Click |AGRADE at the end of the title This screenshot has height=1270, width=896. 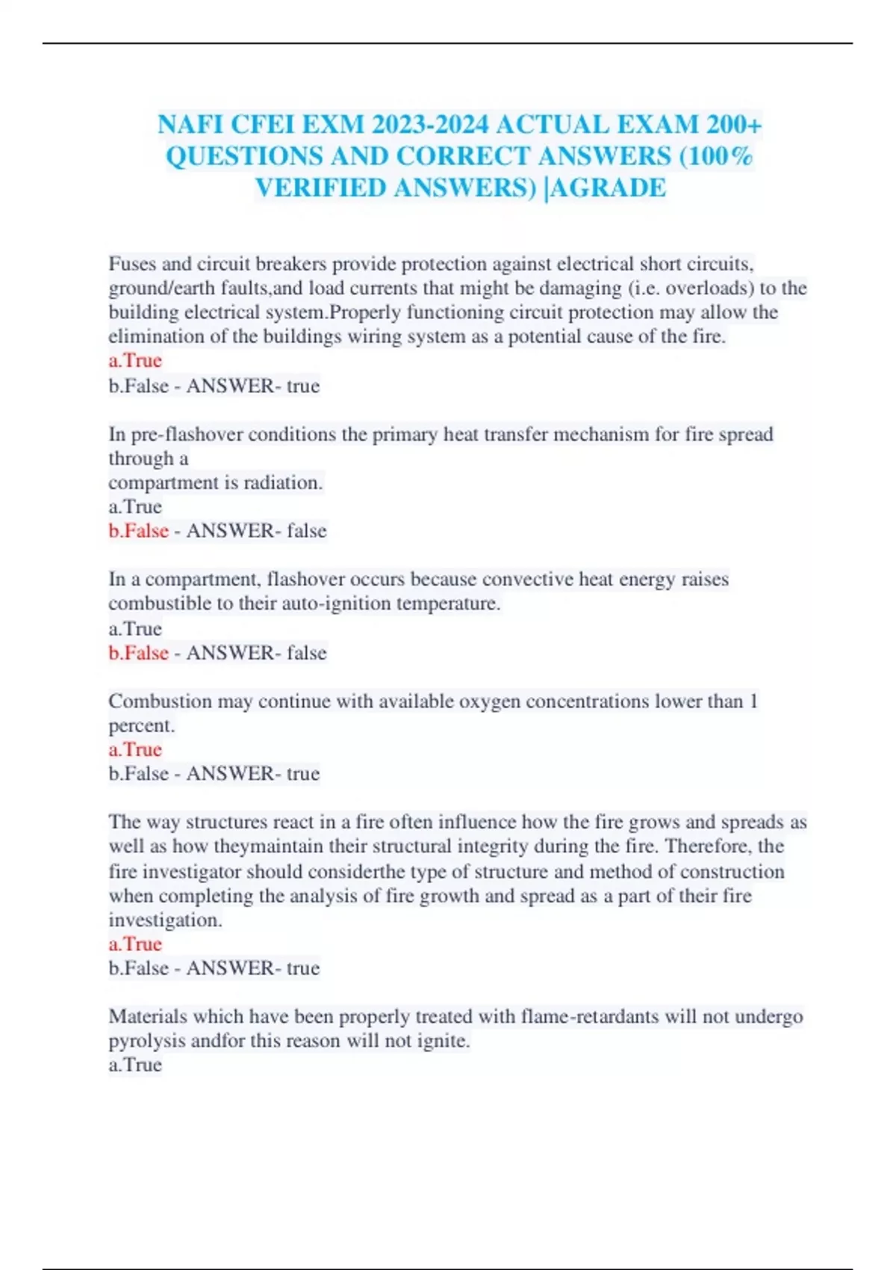click(x=606, y=188)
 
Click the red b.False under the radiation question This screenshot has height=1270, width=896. click(x=138, y=530)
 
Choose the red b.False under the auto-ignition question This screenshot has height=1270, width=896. click(x=138, y=653)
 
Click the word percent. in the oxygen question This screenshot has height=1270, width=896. click(x=141, y=725)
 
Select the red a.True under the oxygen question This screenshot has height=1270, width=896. click(x=135, y=749)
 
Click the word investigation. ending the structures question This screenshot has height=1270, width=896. click(x=165, y=920)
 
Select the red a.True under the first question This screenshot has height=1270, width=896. click(x=135, y=360)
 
